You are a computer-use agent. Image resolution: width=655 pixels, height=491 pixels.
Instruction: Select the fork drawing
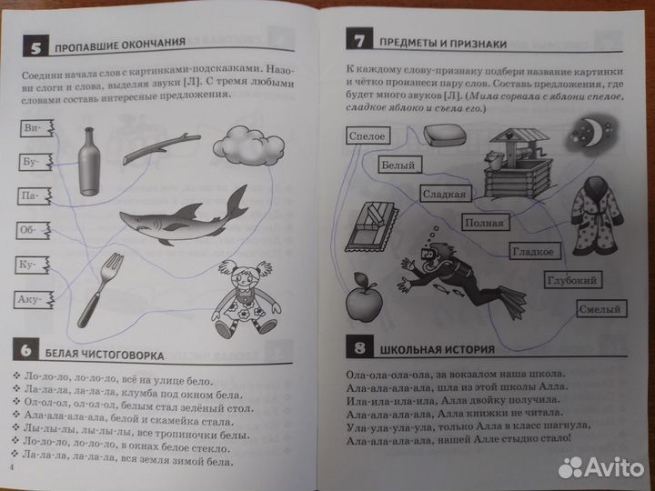[x=100, y=290]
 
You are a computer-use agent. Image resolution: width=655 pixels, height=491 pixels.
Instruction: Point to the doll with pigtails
[x=246, y=298]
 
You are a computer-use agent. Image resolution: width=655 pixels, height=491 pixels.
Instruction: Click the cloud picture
[x=248, y=146]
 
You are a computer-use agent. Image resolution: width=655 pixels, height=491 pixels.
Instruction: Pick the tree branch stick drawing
[x=161, y=148]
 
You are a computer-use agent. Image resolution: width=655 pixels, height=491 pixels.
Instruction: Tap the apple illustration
[x=364, y=297]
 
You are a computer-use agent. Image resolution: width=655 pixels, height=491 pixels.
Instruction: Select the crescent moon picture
[x=593, y=134]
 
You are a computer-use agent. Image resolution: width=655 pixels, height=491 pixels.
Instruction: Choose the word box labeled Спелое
[x=368, y=136]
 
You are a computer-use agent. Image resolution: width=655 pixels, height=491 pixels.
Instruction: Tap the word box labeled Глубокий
[x=572, y=280]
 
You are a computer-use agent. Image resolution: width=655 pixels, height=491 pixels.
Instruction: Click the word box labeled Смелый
[x=601, y=309]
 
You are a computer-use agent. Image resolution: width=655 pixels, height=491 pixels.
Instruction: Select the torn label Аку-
[x=34, y=300]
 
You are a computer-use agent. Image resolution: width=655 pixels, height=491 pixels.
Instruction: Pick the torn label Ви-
[x=37, y=128]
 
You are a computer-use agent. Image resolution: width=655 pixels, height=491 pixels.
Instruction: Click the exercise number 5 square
[x=35, y=46]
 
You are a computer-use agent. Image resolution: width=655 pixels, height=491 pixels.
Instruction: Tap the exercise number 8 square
[x=359, y=346]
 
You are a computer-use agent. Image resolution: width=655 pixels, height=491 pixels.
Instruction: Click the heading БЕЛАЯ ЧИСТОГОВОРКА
[x=105, y=356]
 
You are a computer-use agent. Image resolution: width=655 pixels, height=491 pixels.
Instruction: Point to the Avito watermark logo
[x=601, y=466]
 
